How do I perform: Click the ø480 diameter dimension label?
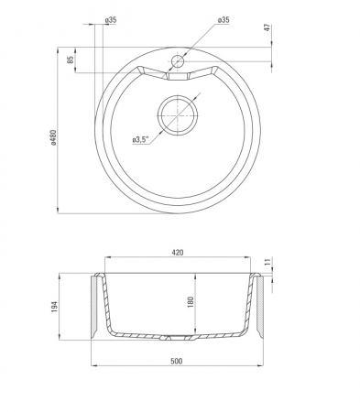click(x=54, y=137)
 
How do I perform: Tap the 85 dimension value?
click(x=71, y=60)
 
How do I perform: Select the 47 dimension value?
click(x=267, y=27)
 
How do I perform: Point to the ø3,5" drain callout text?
click(x=140, y=140)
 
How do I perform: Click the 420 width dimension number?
click(x=178, y=253)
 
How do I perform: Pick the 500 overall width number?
click(x=177, y=361)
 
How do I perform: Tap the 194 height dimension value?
click(x=54, y=307)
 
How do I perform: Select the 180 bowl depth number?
click(x=191, y=302)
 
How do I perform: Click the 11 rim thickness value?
click(x=267, y=262)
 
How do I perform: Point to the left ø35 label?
click(x=111, y=20)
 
